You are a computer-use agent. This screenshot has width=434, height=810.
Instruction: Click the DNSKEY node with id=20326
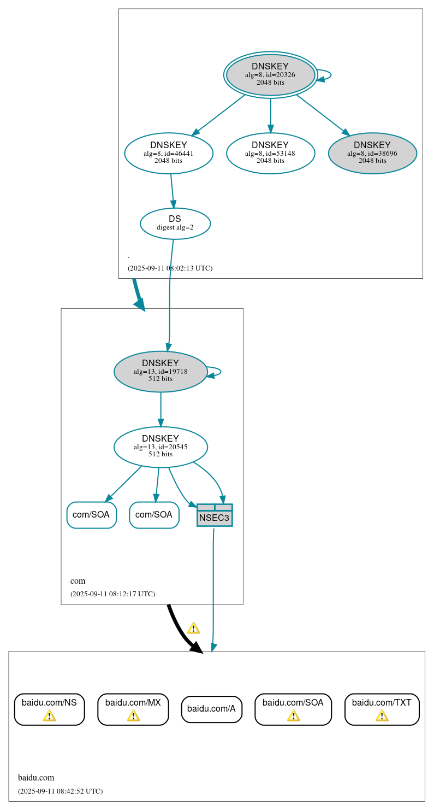tap(270, 75)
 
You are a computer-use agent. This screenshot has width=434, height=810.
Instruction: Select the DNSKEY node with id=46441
tap(169, 154)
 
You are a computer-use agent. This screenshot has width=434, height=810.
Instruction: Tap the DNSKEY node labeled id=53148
tap(270, 154)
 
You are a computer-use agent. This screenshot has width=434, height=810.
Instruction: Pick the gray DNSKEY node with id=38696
tap(372, 154)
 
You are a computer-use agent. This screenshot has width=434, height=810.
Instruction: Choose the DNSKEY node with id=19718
tap(160, 372)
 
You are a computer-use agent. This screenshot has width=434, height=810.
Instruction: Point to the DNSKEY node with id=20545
tap(160, 447)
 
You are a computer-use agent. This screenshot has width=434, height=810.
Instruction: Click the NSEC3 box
tap(215, 515)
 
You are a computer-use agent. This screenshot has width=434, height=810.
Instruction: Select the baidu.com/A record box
tap(211, 709)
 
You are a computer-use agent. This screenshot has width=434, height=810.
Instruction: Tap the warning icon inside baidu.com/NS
tap(49, 715)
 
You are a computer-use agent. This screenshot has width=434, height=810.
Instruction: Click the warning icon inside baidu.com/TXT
tap(382, 715)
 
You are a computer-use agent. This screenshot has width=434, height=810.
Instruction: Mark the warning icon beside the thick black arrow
tap(193, 628)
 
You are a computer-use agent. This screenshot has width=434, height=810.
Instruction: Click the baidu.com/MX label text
tap(133, 702)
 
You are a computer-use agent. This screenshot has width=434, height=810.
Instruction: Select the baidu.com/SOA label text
tap(293, 702)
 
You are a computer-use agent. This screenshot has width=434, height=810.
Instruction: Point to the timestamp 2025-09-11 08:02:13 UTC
tap(170, 268)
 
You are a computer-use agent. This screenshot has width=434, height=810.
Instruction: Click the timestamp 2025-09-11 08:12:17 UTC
tap(112, 594)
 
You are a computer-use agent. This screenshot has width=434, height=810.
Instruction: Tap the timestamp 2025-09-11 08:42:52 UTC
tap(60, 791)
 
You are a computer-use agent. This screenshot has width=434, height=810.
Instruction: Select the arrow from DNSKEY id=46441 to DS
tap(172, 191)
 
